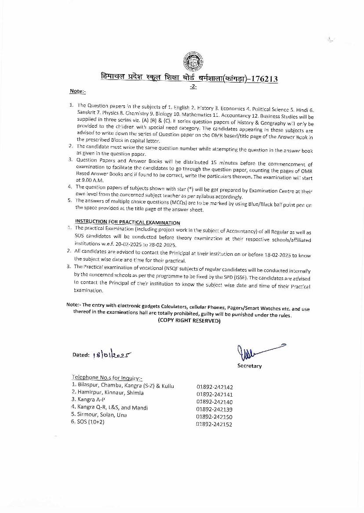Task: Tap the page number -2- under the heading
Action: tap(193, 87)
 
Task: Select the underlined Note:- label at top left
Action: tap(77, 91)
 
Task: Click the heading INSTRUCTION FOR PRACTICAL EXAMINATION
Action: tap(127, 222)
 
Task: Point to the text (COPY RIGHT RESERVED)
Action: tap(189, 321)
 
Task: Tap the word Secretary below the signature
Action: tap(249, 366)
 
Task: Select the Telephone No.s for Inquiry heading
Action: tap(107, 378)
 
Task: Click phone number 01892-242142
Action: tap(215, 387)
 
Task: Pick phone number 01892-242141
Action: tap(215, 395)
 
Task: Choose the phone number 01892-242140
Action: tap(215, 402)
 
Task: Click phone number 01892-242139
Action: tap(215, 409)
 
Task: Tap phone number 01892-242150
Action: tap(215, 417)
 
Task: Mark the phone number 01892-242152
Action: tap(215, 424)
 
